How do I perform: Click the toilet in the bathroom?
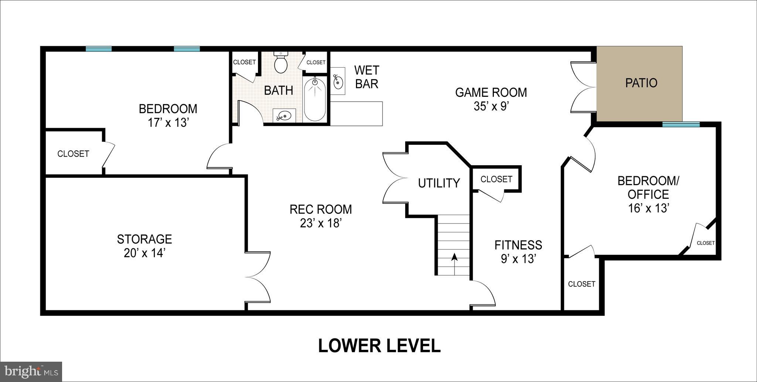[281, 64]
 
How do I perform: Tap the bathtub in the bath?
[315, 99]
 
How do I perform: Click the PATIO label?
[641, 83]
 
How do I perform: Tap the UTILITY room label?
[439, 183]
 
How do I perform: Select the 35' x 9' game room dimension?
[491, 106]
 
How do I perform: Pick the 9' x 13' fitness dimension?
[518, 259]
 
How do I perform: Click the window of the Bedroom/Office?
[680, 125]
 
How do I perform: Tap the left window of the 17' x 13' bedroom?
[98, 49]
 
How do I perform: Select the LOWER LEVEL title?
[379, 346]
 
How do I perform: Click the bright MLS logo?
[31, 370]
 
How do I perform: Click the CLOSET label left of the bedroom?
[73, 154]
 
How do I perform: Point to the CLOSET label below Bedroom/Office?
[581, 284]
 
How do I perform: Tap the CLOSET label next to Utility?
[496, 179]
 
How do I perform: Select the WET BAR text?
[366, 77]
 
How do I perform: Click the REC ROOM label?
[320, 209]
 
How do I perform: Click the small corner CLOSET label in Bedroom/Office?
[705, 243]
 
